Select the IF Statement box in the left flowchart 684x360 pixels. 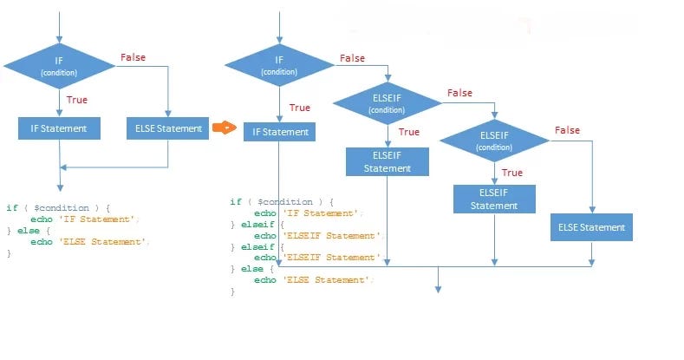pos(59,128)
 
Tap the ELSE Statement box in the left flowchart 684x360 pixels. pos(168,128)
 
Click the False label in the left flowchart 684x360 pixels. pos(133,57)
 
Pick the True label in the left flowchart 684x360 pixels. pos(77,100)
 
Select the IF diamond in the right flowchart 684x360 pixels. pos(279,65)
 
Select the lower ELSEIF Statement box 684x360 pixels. pos(494,199)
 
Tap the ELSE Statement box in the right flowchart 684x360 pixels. pos(591,227)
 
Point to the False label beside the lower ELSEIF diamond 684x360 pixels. pos(567,130)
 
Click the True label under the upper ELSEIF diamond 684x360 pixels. pos(408,132)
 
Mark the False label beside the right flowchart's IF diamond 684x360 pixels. pos(352,58)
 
